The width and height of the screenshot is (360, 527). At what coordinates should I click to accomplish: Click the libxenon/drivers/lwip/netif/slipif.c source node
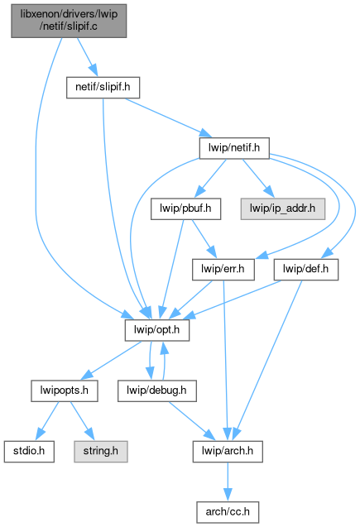coord(69,21)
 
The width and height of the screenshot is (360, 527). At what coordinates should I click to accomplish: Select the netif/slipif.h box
coord(103,88)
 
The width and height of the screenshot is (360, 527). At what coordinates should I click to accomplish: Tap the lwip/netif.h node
coord(234,148)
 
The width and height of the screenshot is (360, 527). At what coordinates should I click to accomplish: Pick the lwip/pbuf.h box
coord(185,209)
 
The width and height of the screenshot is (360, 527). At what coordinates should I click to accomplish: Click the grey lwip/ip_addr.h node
coord(283,209)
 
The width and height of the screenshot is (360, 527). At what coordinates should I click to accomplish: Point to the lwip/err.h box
coord(223,270)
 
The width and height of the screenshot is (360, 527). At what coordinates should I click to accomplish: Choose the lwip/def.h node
coord(306,270)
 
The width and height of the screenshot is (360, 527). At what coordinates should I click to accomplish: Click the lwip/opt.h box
coord(157,330)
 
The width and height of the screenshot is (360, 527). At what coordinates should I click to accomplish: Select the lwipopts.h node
coord(65,390)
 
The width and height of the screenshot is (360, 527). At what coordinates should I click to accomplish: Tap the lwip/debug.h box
coord(157,390)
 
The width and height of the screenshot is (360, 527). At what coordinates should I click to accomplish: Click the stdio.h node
coord(29,452)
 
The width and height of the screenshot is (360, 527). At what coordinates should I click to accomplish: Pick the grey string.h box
coord(101,452)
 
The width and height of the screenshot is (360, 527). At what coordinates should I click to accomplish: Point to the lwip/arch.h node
coord(228,452)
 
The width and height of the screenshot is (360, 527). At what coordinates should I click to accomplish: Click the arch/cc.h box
coord(228,512)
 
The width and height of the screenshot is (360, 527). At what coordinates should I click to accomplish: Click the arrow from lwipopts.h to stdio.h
coord(47,421)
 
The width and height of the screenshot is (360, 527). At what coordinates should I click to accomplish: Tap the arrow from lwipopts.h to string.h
coord(82,421)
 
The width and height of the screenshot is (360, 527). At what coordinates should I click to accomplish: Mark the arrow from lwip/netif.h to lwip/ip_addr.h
coord(258,178)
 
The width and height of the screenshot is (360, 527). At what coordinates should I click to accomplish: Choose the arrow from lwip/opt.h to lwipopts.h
coord(112,361)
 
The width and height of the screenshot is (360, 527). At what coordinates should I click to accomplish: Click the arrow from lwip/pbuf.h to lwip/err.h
coord(204,238)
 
